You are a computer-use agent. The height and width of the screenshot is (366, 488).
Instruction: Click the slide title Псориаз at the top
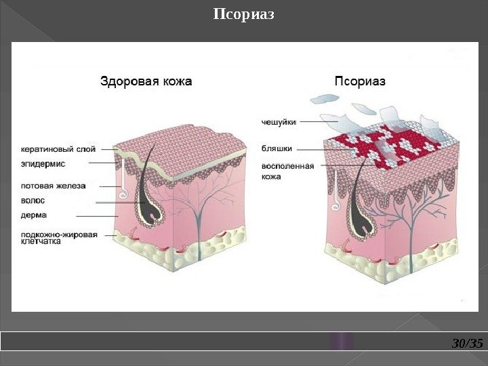click(244, 14)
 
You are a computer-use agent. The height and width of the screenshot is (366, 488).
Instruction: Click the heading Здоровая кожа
click(146, 81)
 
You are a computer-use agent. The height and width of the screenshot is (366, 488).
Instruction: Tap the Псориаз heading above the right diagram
click(361, 81)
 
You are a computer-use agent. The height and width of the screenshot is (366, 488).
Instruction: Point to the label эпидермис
click(43, 163)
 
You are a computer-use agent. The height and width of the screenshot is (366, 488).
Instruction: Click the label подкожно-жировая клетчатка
click(59, 238)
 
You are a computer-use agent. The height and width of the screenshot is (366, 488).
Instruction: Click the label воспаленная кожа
click(287, 171)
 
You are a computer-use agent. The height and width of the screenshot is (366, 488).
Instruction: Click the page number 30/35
click(467, 344)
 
